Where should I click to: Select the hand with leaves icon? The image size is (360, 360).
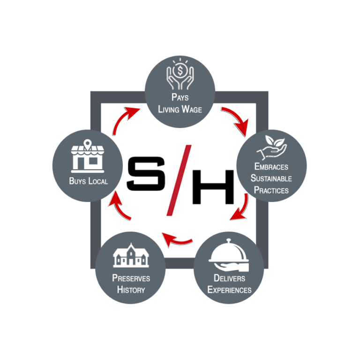coord(271,148)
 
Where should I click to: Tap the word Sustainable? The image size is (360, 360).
coord(271,178)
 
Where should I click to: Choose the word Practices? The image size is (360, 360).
coord(271,190)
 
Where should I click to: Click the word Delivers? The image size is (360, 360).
coord(229,278)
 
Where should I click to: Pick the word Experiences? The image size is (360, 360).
coord(229,290)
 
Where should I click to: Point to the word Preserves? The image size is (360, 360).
coord(131,278)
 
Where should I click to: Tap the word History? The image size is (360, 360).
coord(131,290)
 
